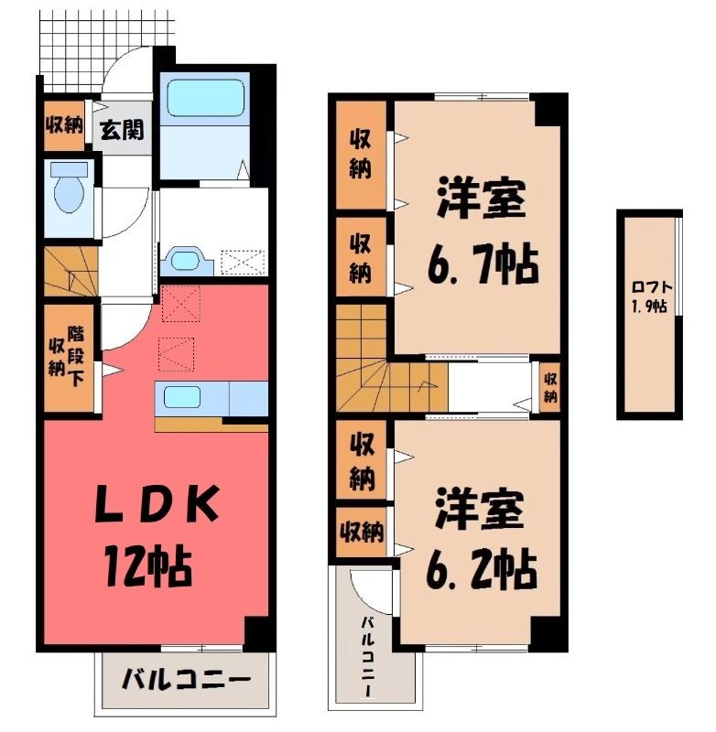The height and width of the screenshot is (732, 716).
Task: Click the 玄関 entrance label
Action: tap(123, 129)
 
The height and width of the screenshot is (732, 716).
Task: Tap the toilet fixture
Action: tap(69, 188)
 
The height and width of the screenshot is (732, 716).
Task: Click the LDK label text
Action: tap(157, 504)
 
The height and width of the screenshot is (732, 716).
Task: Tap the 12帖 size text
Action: tap(148, 565)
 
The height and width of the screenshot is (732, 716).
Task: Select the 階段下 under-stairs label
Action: tap(76, 356)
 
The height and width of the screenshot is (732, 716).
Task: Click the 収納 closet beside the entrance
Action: tap(64, 125)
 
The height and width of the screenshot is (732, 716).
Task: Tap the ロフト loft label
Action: tap(651, 287)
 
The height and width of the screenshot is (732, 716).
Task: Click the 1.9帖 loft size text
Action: tap(649, 307)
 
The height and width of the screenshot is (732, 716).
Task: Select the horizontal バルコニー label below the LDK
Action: tap(186, 681)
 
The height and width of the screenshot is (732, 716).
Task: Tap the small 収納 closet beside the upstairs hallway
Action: tap(550, 387)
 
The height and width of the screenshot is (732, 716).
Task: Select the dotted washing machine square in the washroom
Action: tap(243, 263)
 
